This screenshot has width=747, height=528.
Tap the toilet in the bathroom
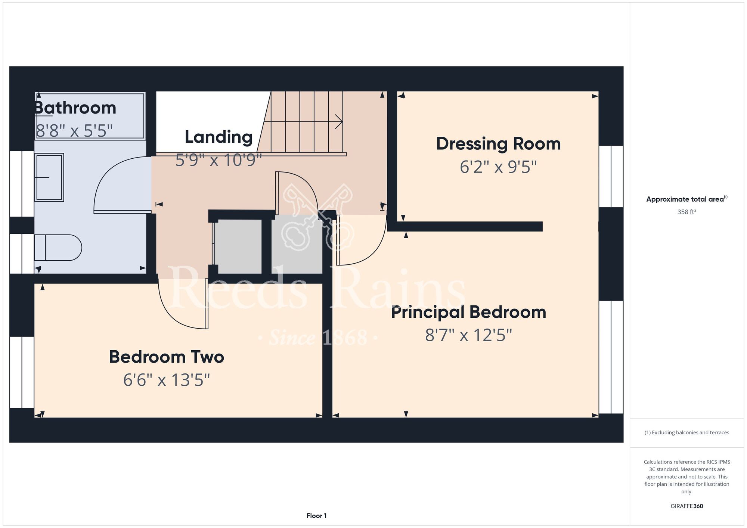pos(58,247)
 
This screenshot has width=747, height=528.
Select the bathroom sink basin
pos(49,177)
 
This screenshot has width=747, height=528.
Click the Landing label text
pos(218,137)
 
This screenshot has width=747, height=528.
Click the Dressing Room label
pos(498,144)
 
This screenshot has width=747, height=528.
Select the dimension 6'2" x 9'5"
pos(498,167)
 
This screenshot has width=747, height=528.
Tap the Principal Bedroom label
pos(468,312)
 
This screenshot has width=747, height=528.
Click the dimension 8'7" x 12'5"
pos(468,335)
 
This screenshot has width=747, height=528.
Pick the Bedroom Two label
pos(167,357)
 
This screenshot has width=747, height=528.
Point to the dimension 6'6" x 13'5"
pos(167,380)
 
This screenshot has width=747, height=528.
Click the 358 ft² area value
pos(687,212)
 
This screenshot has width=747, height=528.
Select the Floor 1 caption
pos(316,516)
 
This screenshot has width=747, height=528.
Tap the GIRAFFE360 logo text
pos(687,506)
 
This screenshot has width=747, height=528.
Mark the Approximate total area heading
pos(687,199)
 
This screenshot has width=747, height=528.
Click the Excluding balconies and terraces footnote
pos(687,432)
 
